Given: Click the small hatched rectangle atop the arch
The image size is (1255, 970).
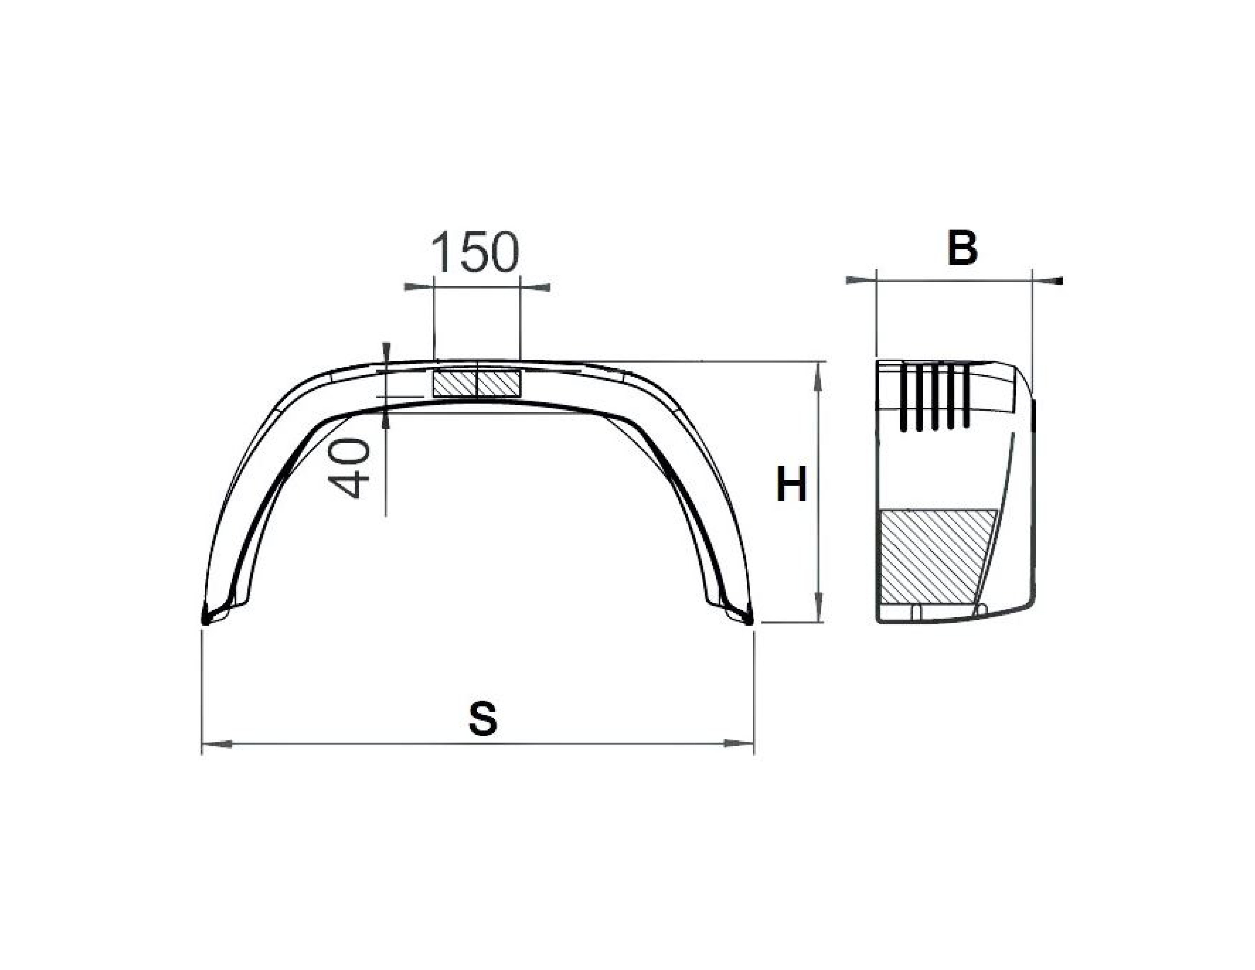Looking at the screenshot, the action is coord(477,383).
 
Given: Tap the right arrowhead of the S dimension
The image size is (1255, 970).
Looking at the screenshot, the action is coord(738,744).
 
